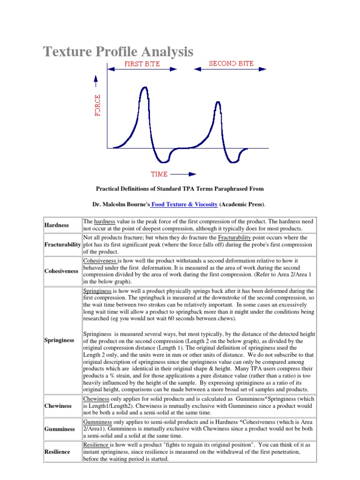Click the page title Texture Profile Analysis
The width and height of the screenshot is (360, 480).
coord(118,51)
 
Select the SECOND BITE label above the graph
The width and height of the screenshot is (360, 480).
coord(231,63)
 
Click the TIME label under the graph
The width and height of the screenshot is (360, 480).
coord(159,174)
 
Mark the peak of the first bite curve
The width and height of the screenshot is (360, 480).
coord(144,89)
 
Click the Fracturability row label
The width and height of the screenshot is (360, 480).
coord(63,245)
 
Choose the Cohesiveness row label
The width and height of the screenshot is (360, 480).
coord(61,271)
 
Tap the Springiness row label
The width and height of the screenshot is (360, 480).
coord(60,340)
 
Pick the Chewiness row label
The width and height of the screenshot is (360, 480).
coord(58,405)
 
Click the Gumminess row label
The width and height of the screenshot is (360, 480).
coord(60,429)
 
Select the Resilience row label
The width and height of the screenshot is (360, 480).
coord(58,451)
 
